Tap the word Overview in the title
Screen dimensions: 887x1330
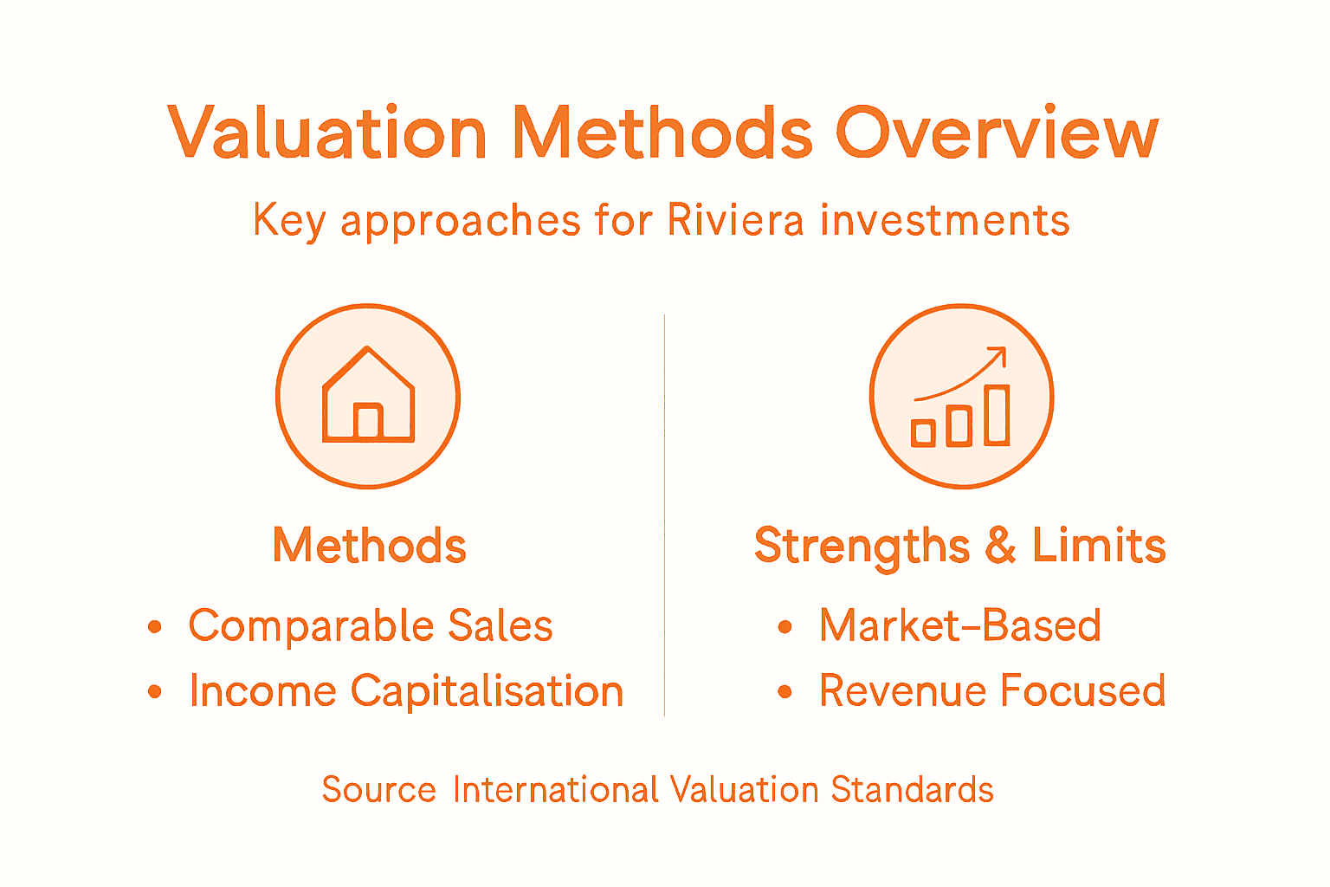pyautogui.click(x=996, y=133)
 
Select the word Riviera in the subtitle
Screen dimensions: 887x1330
pyautogui.click(x=735, y=220)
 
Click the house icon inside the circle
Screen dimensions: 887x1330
pyautogui.click(x=368, y=396)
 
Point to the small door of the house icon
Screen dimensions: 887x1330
pyautogui.click(x=368, y=421)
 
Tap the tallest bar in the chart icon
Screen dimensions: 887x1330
pyautogui.click(x=997, y=415)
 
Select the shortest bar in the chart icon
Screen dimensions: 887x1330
pyautogui.click(x=924, y=432)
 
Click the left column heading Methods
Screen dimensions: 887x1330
pyautogui.click(x=370, y=546)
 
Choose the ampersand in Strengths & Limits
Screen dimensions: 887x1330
pyautogui.click(x=1000, y=546)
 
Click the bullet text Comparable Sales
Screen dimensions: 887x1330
pyautogui.click(x=371, y=625)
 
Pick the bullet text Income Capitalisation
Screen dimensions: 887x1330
pyautogui.click(x=406, y=691)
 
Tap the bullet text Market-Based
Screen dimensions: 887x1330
pyautogui.click(x=959, y=625)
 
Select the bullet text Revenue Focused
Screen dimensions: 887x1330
pyautogui.click(x=992, y=691)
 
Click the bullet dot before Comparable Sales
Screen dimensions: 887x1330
pyautogui.click(x=155, y=626)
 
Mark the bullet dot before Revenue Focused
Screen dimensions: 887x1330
pyautogui.click(x=784, y=691)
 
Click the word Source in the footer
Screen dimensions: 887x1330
pyautogui.click(x=378, y=790)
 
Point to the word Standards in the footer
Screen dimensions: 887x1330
pyautogui.click(x=912, y=790)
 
